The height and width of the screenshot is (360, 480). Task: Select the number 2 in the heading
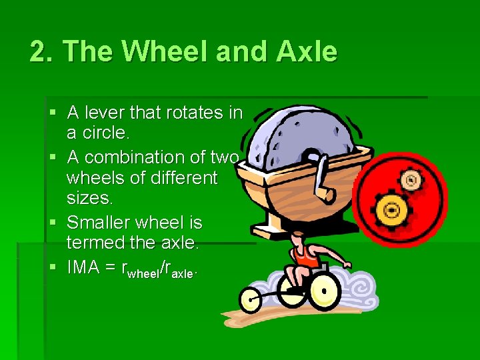(x=39, y=51)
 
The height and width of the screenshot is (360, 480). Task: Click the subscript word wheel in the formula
(x=145, y=273)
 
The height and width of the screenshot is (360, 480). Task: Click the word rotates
(x=191, y=113)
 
